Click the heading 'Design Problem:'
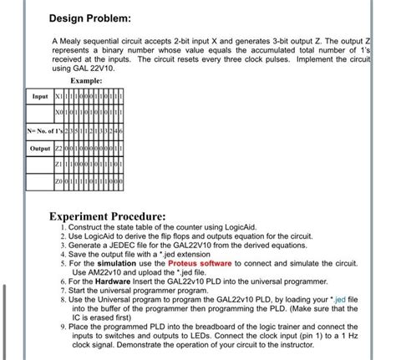pyautogui.click(x=89, y=18)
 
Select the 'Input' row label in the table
pyautogui.click(x=40, y=96)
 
